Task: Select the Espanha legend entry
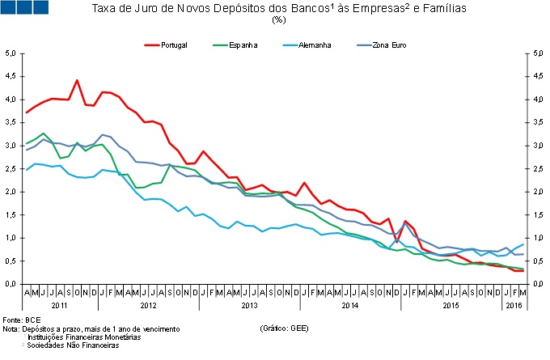[x=243, y=44]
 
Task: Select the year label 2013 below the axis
[x=251, y=305]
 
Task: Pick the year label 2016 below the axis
[x=514, y=305]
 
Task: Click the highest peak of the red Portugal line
[x=77, y=80]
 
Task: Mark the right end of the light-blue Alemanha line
[x=523, y=244]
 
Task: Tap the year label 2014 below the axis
[x=349, y=305]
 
